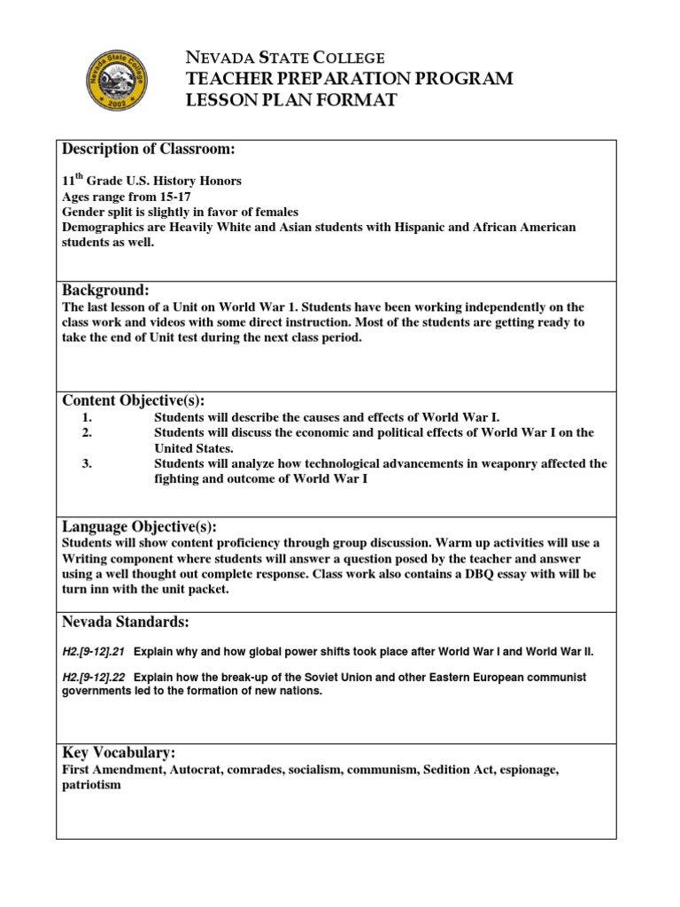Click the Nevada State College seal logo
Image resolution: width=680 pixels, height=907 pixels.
tap(115, 79)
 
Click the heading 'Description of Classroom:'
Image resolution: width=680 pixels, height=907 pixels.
tap(147, 148)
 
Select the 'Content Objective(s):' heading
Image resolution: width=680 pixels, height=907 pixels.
tap(133, 400)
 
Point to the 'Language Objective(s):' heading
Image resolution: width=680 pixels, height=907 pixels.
tap(139, 526)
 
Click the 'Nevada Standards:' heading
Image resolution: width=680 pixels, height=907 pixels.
tap(125, 622)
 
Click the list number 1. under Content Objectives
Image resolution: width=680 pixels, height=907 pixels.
tap(87, 416)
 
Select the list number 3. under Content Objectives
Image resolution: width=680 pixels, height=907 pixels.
tap(87, 463)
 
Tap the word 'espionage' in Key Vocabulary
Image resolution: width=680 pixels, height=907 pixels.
tap(528, 770)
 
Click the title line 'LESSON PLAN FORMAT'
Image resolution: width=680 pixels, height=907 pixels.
tap(290, 100)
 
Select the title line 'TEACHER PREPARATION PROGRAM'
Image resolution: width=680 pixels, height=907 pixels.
tap(348, 80)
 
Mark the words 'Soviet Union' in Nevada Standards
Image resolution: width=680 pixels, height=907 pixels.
tap(327, 677)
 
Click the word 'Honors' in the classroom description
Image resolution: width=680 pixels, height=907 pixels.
tap(219, 181)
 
